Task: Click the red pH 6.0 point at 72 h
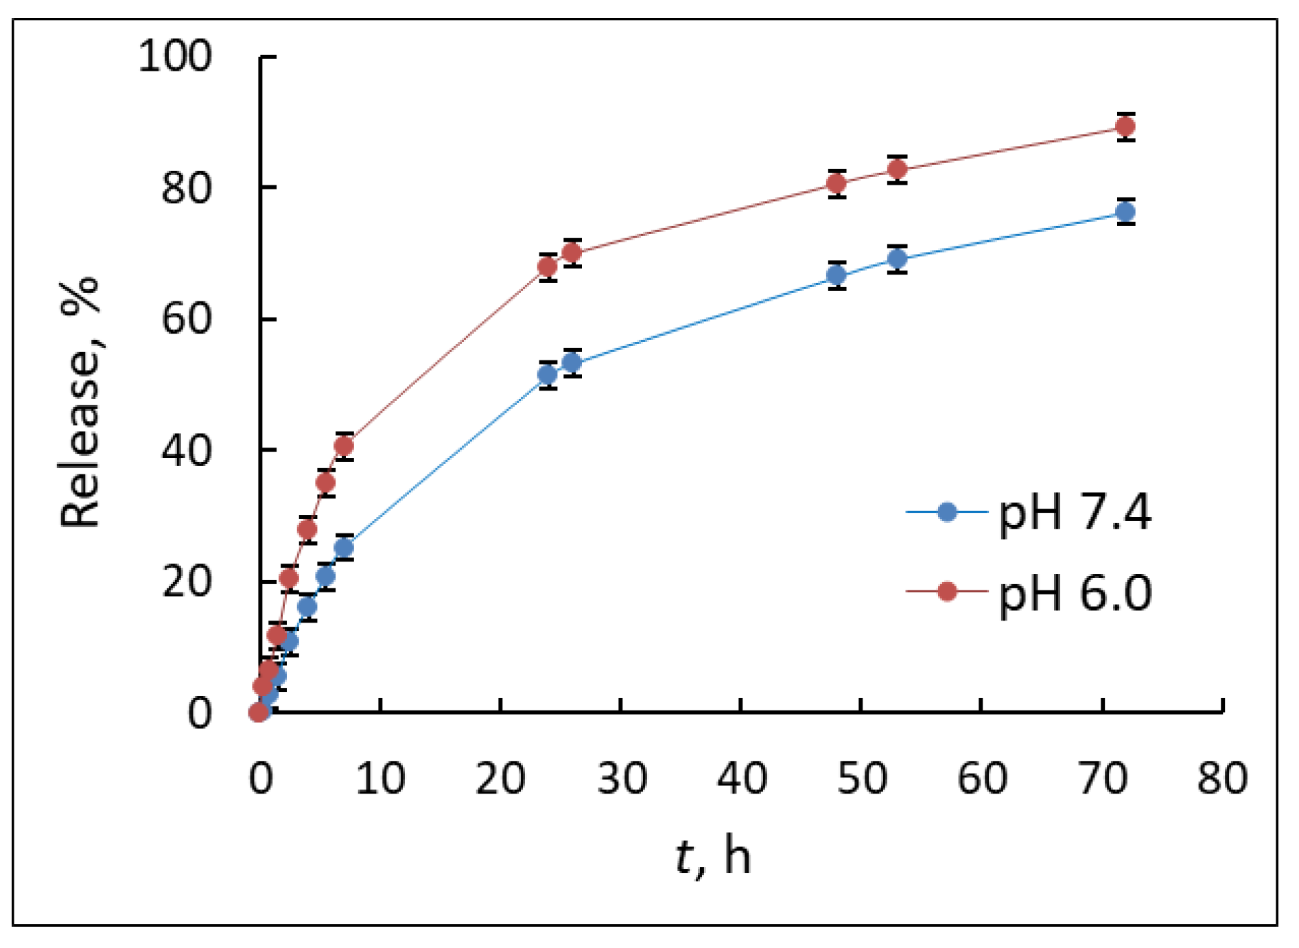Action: (1125, 126)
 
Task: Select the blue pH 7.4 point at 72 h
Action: (1125, 212)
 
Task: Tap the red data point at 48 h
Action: (836, 183)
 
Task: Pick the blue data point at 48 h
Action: (836, 275)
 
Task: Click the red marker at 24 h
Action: (548, 266)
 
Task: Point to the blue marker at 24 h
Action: (548, 375)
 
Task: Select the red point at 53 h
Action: (897, 169)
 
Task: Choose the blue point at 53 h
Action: (897, 259)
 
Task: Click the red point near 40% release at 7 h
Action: (344, 446)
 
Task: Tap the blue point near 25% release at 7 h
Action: (344, 548)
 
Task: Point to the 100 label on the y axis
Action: (175, 56)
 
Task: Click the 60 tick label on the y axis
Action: (186, 319)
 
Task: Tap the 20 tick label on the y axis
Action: (186, 582)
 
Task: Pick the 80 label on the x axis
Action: (1222, 778)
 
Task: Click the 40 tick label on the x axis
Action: (741, 778)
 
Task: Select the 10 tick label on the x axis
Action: (380, 778)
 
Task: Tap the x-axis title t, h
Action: (714, 858)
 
